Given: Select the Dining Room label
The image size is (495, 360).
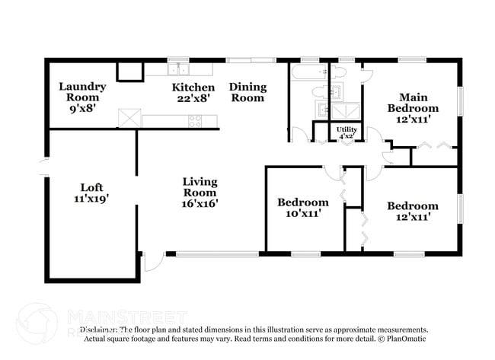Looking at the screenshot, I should point(247,92).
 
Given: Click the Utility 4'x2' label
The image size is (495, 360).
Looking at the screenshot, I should point(347,134).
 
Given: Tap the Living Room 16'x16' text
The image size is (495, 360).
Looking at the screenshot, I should point(200,193).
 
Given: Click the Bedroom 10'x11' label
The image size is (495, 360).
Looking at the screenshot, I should point(302,208).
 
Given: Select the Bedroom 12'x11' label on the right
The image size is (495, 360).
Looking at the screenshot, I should point(412,211).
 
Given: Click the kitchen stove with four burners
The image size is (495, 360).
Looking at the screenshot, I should point(195,120).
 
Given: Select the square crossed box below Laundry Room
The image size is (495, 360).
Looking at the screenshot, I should point(129,118).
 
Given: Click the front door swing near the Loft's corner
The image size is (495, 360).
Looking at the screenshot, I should point(153,262).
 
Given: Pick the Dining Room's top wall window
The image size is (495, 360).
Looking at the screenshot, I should point(251,59).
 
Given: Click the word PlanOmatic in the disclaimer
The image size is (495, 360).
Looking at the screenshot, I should point(408,339).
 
